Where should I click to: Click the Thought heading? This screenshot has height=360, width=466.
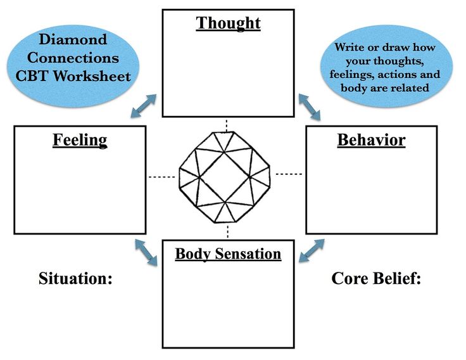pyautogui.click(x=228, y=23)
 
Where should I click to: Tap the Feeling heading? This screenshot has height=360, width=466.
pyautogui.click(x=80, y=139)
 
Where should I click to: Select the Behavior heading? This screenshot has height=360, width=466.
pyautogui.click(x=371, y=140)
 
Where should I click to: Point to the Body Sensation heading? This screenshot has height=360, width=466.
pyautogui.click(x=228, y=254)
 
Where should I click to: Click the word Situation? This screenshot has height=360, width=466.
pyautogui.click(x=75, y=278)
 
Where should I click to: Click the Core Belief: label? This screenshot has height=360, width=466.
pyautogui.click(x=376, y=278)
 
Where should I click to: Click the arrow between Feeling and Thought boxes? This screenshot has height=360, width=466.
pyautogui.click(x=144, y=106)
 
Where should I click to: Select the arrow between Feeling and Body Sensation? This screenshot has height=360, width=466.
pyautogui.click(x=146, y=252)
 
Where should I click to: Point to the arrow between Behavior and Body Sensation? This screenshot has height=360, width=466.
pyautogui.click(x=312, y=250)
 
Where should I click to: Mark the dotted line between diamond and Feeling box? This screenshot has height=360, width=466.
pyautogui.click(x=161, y=177)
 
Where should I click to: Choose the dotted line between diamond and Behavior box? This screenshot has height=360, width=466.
pyautogui.click(x=289, y=173)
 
